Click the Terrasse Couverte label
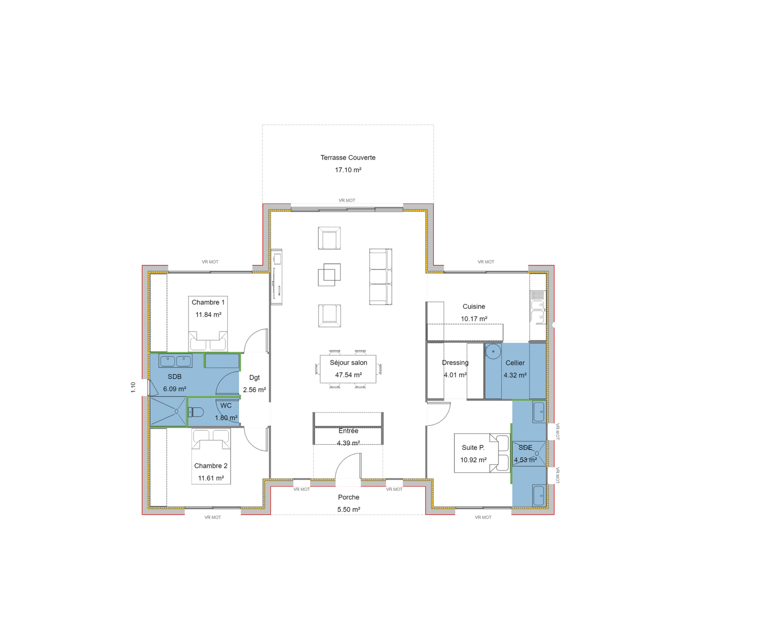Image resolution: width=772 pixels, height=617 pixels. coord(348,157)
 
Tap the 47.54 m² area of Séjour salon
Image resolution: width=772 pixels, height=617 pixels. coord(348,375)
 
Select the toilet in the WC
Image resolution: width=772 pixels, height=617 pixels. coord(197,412)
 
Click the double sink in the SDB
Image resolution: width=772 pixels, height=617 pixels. coord(175,361)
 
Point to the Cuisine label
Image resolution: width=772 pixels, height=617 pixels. coord(474,306)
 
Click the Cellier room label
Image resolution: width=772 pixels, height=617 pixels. coord(515,363)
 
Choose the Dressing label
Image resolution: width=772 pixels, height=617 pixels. coord(455,362)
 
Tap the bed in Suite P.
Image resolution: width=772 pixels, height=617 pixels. coord(482,453)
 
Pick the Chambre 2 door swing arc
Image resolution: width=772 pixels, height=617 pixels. coord(255,439)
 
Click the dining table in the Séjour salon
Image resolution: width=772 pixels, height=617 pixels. coord(348,369)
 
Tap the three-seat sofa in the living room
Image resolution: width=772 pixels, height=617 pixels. coord(380,276)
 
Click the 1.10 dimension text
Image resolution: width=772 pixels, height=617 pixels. coord(133,387)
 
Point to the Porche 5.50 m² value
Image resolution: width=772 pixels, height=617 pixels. coord(349,509)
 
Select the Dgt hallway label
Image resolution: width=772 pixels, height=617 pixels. coord(255,377)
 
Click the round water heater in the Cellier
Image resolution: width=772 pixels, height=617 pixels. coord(493,351)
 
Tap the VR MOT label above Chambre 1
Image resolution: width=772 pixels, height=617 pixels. coord(210,262)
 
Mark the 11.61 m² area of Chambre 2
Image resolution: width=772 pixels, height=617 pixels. coord(211,478)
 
